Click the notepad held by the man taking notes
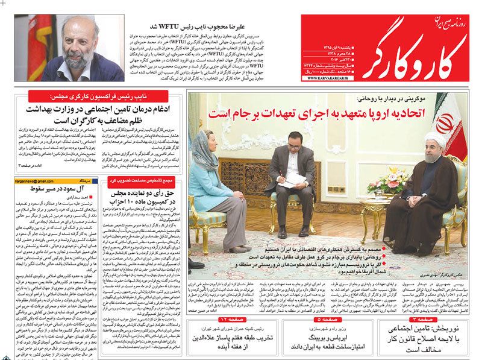coord(293,179)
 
